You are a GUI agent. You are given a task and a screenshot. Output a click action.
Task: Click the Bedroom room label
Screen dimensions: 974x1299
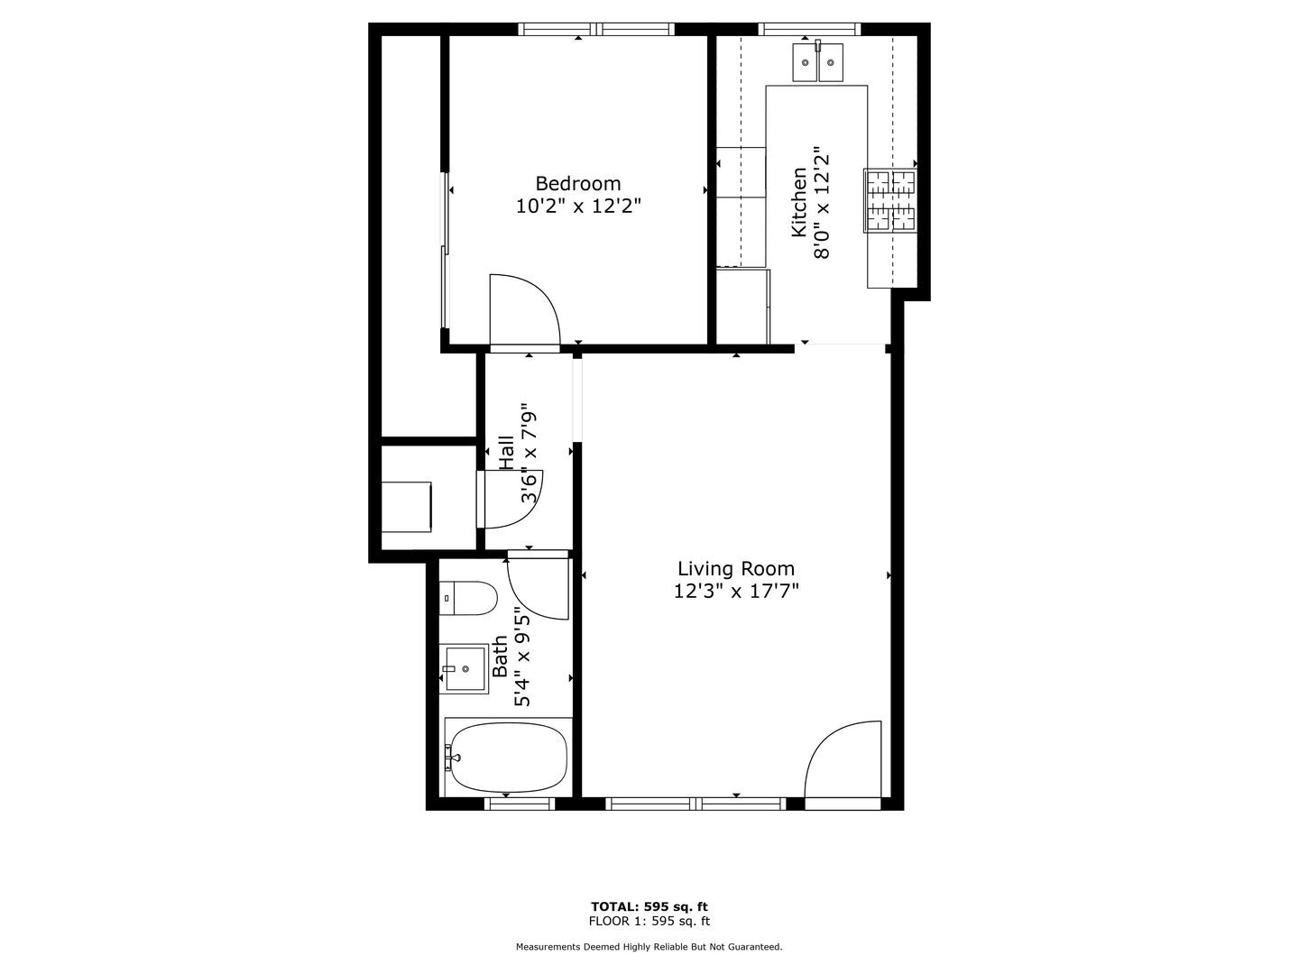[x=577, y=183]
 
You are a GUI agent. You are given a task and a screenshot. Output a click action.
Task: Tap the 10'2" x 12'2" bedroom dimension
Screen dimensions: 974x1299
[x=577, y=207]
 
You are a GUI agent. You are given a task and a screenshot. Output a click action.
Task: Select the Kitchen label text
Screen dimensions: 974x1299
[x=798, y=202]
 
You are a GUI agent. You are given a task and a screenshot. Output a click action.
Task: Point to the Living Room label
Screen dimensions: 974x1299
[x=735, y=568]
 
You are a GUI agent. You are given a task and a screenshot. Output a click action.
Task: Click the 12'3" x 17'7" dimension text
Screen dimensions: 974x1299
[x=735, y=592]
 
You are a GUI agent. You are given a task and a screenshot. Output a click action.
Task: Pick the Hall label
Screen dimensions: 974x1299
[x=507, y=453]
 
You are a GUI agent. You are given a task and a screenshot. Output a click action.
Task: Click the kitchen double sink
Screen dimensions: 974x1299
[x=817, y=62]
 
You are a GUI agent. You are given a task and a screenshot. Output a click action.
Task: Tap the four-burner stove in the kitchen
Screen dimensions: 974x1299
[x=890, y=200]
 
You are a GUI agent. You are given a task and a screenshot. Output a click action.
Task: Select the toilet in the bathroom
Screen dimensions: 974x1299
[x=468, y=599]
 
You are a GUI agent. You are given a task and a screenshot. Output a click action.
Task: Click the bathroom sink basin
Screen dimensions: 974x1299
[x=464, y=669]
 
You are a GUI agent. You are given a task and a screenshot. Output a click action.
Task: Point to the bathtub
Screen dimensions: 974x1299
[x=508, y=758]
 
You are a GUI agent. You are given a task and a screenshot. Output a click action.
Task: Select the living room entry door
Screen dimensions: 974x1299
[x=843, y=760]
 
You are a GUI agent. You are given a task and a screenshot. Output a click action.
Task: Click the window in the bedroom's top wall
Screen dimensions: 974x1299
[x=596, y=30]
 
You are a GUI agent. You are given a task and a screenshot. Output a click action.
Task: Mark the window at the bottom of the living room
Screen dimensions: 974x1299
[x=696, y=803]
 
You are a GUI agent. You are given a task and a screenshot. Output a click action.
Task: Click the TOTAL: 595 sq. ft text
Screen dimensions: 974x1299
[x=649, y=906]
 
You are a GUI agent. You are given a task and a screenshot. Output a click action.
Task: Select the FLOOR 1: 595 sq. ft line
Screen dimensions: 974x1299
[x=649, y=921]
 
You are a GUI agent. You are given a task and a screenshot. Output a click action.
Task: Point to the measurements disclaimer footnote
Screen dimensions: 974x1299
[x=649, y=947]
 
